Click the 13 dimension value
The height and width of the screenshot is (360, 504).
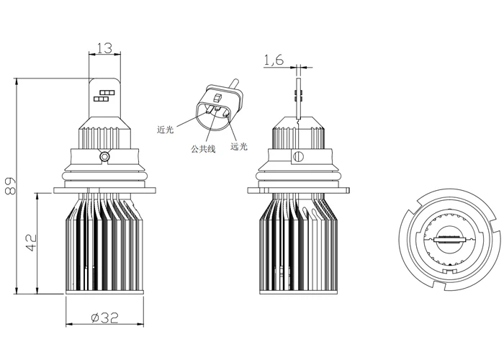(104, 48)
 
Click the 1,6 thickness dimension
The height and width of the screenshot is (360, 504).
(274, 61)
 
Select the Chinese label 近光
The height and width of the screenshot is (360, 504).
(166, 130)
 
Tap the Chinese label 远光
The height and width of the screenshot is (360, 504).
(238, 146)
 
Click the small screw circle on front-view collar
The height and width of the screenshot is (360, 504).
(105, 156)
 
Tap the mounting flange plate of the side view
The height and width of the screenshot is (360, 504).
(297, 192)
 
